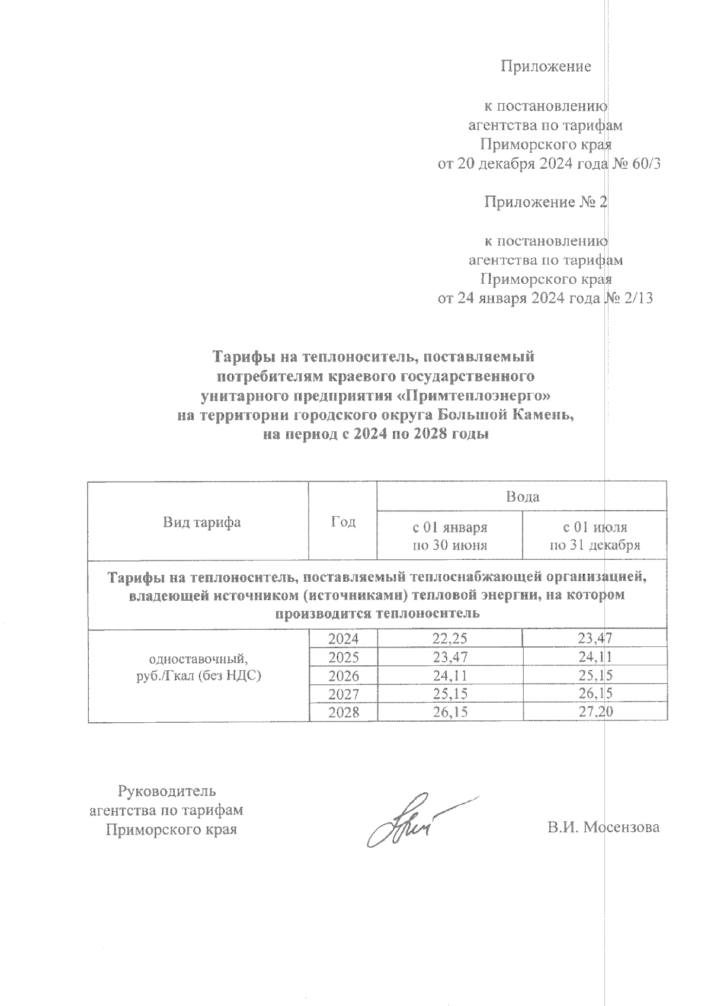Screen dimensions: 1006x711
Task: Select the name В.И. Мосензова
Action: (x=603, y=827)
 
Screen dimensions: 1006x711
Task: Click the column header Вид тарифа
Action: (x=201, y=522)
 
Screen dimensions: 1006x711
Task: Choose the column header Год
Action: (x=343, y=521)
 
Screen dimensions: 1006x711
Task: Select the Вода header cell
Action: (x=522, y=496)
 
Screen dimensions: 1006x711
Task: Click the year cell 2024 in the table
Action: (x=344, y=639)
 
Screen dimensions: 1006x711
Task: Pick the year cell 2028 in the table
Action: (x=344, y=712)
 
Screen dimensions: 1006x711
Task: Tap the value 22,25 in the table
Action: (x=450, y=639)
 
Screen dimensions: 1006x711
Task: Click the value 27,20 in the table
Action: (x=595, y=712)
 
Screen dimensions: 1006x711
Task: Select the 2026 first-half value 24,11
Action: (x=450, y=675)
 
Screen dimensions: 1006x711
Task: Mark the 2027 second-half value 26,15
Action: (x=595, y=694)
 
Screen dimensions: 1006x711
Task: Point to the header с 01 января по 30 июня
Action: (x=450, y=536)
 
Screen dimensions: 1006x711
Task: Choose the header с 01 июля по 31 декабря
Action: (x=595, y=536)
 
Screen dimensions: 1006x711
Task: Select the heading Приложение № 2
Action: (x=546, y=203)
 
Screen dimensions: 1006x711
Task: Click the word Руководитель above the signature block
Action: (x=167, y=791)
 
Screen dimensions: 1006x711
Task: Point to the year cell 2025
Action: (x=344, y=657)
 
